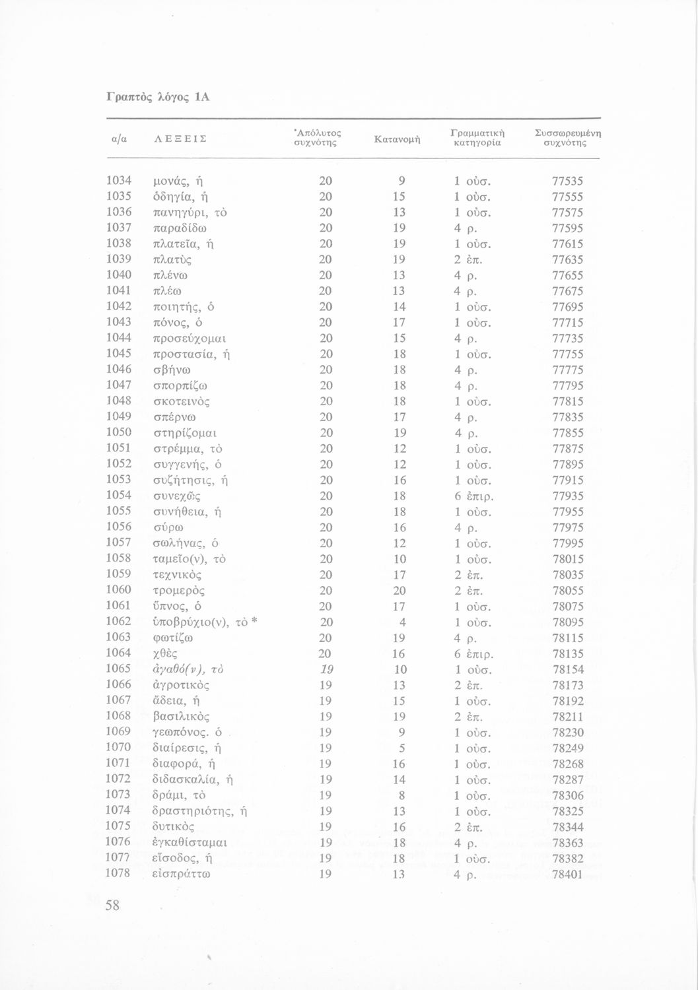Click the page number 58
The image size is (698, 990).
(x=112, y=906)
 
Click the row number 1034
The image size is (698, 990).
(x=120, y=181)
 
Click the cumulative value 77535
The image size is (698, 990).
(x=567, y=181)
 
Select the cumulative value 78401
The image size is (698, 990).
(x=567, y=874)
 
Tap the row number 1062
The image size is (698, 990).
(x=120, y=622)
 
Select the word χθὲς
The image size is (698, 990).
(x=166, y=653)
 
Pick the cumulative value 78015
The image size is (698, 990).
(x=567, y=559)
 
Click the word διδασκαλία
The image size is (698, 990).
(x=185, y=779)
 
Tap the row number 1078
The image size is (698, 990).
(x=120, y=874)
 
